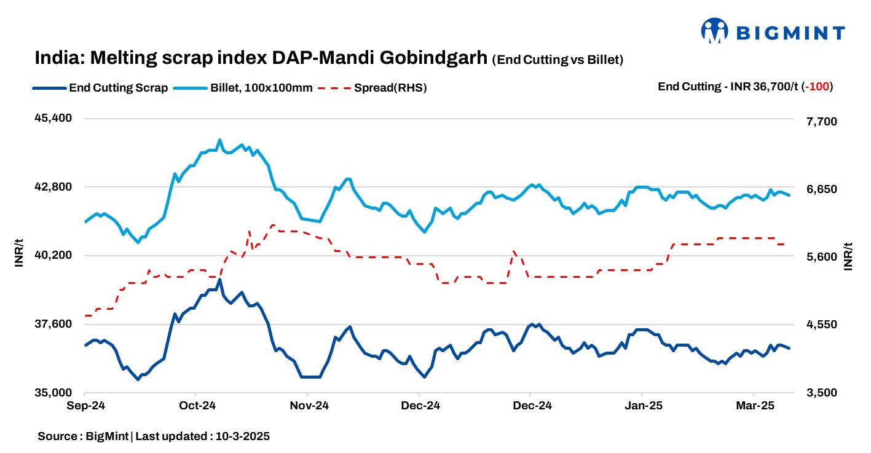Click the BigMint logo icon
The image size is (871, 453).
tap(715, 31)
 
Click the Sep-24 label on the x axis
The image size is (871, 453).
tap(85, 406)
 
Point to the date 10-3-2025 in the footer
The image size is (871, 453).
tap(241, 436)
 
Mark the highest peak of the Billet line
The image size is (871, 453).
tap(220, 140)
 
